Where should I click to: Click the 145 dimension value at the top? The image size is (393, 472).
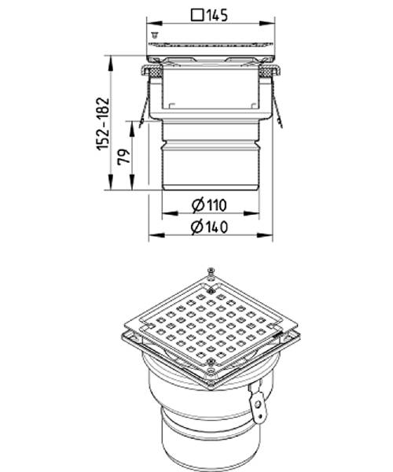(x=217, y=15)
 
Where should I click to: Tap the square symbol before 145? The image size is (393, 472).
(x=197, y=15)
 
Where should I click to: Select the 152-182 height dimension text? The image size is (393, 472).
(x=102, y=124)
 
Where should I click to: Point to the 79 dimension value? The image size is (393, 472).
(x=124, y=157)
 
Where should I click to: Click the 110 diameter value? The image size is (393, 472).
(x=216, y=205)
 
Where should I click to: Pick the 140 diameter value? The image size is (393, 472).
(x=216, y=227)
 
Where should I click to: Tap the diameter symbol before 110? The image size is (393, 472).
(x=198, y=205)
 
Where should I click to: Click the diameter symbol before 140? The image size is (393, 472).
(x=197, y=227)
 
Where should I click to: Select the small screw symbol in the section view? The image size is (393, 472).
(x=155, y=35)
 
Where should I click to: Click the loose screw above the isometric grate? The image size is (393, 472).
(x=211, y=271)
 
